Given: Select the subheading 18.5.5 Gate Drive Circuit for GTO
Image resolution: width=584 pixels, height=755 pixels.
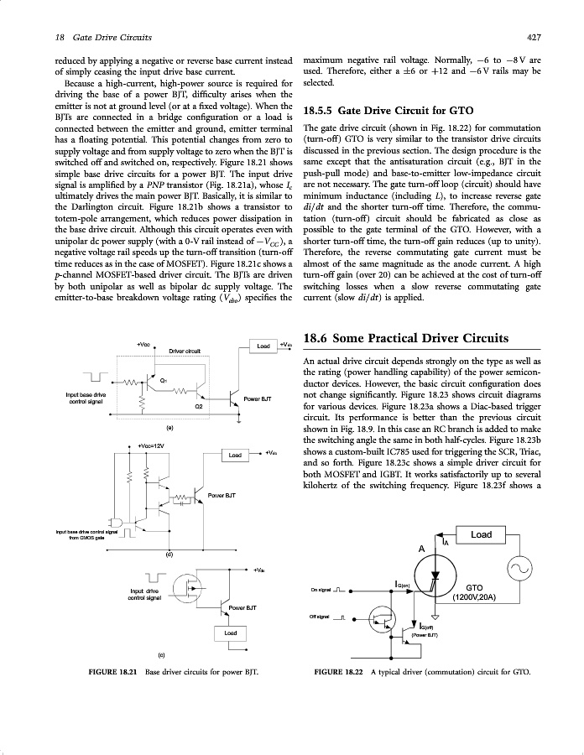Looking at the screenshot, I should pos(388,111).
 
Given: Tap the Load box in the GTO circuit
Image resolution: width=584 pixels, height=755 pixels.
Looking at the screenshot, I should pos(481,534).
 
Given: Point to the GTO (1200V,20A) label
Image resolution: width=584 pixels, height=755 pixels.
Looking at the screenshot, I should pos(474,592).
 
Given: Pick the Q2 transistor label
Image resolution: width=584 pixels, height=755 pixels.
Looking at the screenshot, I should pos(199,406).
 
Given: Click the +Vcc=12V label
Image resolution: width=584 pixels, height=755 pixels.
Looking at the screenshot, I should pos(151,445).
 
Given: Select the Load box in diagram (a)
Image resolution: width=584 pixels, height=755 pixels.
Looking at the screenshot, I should pos(263,345).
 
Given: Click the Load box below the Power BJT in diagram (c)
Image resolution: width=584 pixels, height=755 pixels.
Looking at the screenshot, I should pos(230,633).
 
